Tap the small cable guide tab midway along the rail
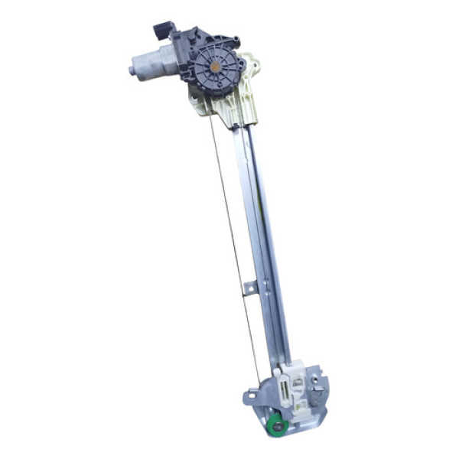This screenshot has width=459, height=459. (249, 289)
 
